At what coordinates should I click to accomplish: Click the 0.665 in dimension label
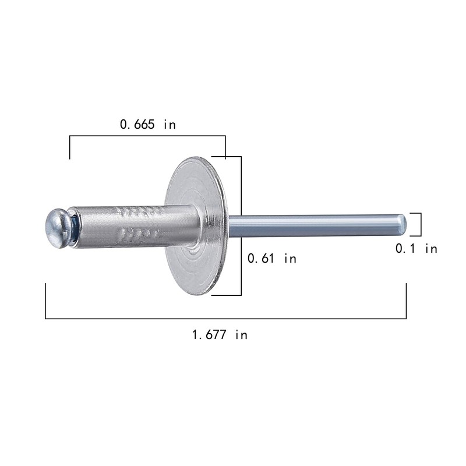coord(147,124)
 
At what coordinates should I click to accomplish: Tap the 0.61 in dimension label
coord(271,259)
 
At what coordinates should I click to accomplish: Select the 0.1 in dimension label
coord(416,249)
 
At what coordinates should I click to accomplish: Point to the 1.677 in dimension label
coord(220,334)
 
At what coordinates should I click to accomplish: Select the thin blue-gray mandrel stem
coord(315,225)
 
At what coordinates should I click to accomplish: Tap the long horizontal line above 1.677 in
coord(225,319)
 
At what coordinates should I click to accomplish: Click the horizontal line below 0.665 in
coord(147,136)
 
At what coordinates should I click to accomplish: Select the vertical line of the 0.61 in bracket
coord(241,225)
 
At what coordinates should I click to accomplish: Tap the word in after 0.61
coord(290,259)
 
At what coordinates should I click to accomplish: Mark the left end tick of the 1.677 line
coord(45,301)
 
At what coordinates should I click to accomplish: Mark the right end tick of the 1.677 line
coord(406,301)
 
